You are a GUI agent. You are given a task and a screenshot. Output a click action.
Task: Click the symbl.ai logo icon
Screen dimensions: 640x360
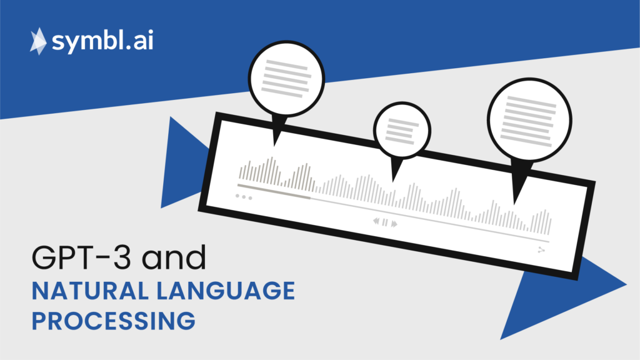point(38,41)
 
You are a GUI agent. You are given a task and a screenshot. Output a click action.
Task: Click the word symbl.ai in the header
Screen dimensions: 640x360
point(102,41)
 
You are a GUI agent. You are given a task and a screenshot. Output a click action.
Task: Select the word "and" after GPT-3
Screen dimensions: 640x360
point(174,257)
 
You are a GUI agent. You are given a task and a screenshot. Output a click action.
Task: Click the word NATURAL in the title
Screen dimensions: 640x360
point(90,291)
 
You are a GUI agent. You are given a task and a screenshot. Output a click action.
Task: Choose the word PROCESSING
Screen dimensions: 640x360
point(114,321)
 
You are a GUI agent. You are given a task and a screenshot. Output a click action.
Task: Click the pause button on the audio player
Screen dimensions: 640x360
point(385,222)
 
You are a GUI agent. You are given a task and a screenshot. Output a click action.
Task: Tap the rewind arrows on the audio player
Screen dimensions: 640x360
point(376,221)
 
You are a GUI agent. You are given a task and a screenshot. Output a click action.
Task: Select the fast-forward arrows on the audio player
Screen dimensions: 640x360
point(394,224)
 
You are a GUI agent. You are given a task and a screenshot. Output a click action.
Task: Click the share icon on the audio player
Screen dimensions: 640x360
point(541,250)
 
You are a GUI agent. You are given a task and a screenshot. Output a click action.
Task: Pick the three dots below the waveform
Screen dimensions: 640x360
point(244,197)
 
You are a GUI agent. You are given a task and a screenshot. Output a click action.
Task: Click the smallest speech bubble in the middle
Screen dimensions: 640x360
point(402,131)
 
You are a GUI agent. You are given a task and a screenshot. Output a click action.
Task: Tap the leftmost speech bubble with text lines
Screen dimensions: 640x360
point(286,78)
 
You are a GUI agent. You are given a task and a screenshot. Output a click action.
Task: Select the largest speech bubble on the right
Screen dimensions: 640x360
point(529,120)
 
